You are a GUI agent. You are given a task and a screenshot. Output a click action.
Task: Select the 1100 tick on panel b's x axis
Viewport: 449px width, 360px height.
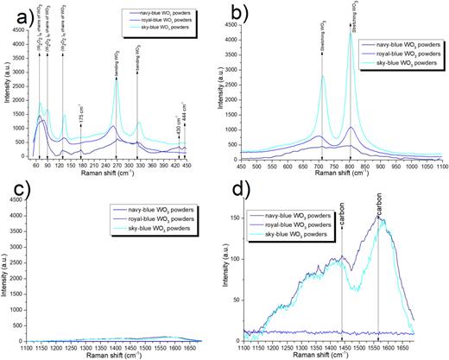[x=440, y=166]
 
